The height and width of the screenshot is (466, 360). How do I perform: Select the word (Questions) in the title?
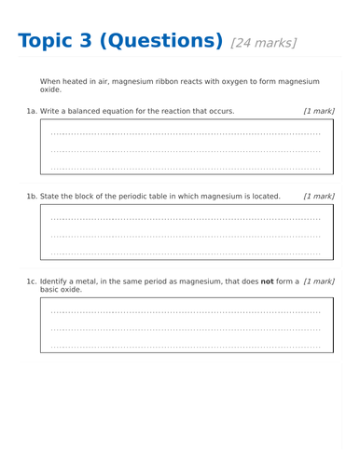click(x=160, y=41)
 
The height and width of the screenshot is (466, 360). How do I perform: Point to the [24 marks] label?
click(x=263, y=43)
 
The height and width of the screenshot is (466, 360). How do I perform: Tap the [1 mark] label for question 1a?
click(x=319, y=111)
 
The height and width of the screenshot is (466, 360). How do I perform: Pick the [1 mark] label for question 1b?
click(x=319, y=197)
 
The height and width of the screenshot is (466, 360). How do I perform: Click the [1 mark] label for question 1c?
click(x=319, y=281)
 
